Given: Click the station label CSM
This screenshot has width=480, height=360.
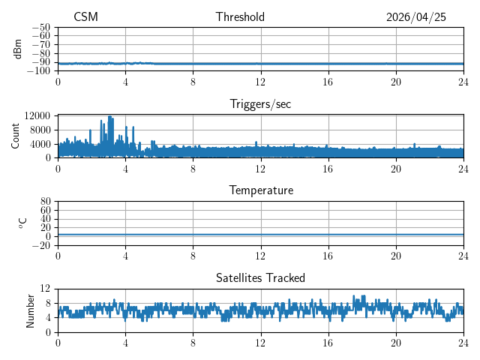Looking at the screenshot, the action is click(x=85, y=16).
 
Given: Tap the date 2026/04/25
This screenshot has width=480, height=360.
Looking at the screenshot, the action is click(x=416, y=17).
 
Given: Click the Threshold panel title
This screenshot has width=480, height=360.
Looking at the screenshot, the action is click(x=240, y=16).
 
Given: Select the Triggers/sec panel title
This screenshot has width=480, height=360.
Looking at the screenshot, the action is click(x=260, y=104).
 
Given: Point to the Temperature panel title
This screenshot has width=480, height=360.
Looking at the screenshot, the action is click(x=261, y=190).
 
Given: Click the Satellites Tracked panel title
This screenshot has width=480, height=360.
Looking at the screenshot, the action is click(x=260, y=277).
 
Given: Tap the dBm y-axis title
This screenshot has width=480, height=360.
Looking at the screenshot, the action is click(x=17, y=49).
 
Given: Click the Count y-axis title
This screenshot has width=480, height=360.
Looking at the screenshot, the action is click(x=15, y=136).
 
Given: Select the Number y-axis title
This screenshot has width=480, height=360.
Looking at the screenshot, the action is click(x=30, y=311).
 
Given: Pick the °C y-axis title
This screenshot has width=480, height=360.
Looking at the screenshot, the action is click(x=22, y=223).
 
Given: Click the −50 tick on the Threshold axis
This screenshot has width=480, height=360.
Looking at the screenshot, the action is click(x=41, y=27).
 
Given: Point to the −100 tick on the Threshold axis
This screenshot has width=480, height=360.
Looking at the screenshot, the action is click(x=38, y=71).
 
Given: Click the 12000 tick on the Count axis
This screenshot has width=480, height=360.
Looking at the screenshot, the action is click(x=37, y=115).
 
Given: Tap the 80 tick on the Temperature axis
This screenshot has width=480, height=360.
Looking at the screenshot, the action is click(x=45, y=201).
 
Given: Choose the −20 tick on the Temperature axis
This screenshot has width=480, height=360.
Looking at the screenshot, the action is click(x=41, y=245).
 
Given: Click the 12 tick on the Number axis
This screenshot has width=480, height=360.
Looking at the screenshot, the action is click(x=45, y=288).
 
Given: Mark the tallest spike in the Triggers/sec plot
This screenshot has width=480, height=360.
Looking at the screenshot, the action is click(x=110, y=116).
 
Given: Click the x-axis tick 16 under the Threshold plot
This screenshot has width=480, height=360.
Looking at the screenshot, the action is click(x=328, y=82).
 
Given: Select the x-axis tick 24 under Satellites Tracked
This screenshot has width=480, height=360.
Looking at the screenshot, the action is click(x=463, y=342).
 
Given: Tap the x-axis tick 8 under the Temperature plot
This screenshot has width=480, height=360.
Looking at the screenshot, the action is click(x=193, y=256).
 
